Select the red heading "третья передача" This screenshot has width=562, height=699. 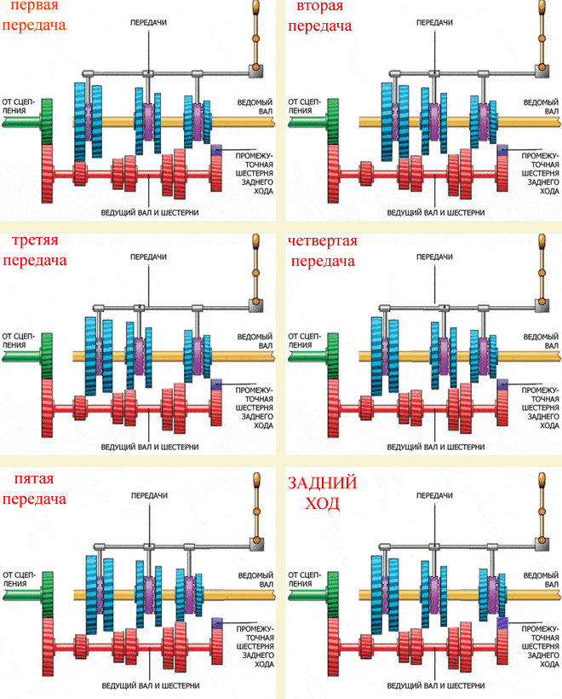(x=35, y=251)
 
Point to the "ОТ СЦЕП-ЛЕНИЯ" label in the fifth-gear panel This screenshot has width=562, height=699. (x=19, y=580)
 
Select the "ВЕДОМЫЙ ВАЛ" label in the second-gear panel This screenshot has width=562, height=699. (x=540, y=106)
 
